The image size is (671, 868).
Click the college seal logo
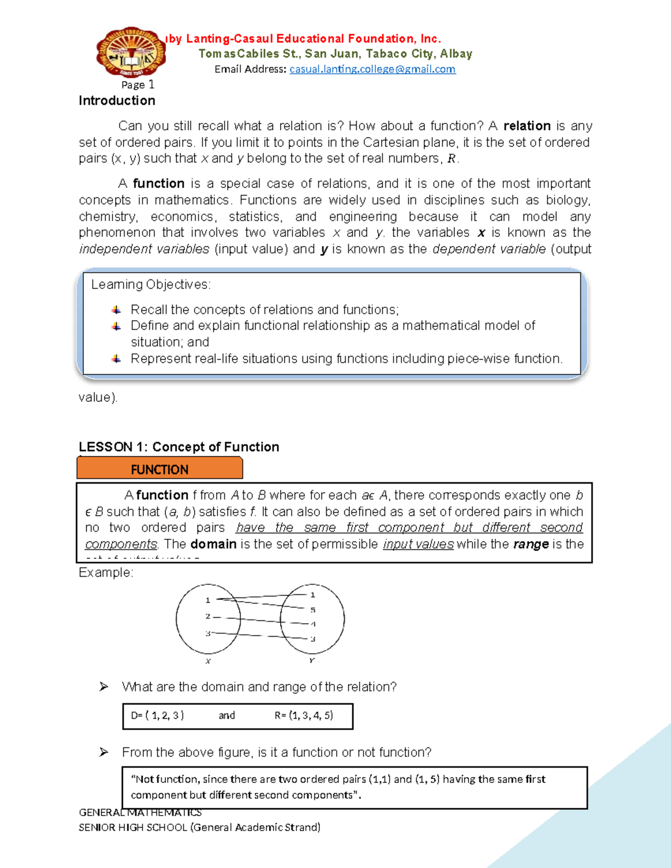pos(131,51)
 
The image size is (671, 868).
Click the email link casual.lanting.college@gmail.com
pos(372,69)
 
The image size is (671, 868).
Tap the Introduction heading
pos(117,101)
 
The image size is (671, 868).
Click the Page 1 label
pos(138,84)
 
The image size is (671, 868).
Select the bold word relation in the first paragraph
pos(527,126)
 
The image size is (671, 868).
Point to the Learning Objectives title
pos(151,284)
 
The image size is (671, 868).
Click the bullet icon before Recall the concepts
pos(116,310)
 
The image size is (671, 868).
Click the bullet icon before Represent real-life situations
pos(116,359)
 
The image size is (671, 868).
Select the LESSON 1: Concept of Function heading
pos(179,447)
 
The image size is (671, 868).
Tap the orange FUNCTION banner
pos(159,469)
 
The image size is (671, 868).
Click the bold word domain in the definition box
pos(213,544)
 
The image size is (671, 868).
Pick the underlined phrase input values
pos(418,544)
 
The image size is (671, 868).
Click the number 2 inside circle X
pos(207,616)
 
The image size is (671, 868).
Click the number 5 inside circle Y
pos(313,610)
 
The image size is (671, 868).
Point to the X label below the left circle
pos(208,661)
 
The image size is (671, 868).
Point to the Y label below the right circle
pos(311,661)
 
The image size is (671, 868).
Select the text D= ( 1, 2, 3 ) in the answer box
pos(158,715)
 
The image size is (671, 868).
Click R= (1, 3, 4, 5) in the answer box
pos(304,715)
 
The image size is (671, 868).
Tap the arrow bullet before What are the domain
pos(103,687)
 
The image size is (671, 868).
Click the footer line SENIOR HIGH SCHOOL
pos(200,827)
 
